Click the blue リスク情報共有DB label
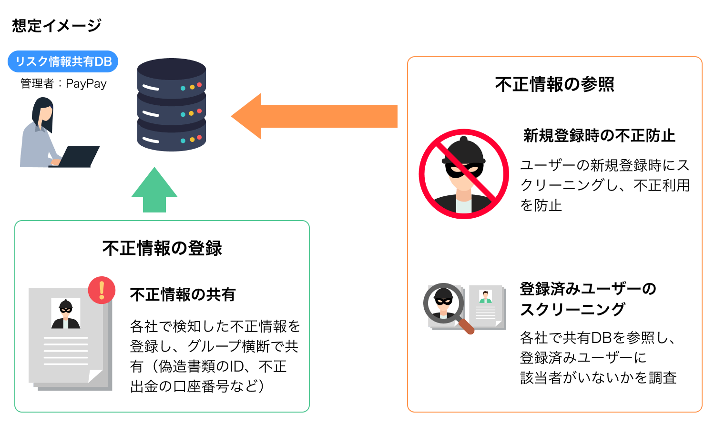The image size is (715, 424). click(x=62, y=61)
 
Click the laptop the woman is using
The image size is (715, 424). click(x=79, y=157)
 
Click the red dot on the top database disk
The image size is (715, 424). click(x=199, y=85)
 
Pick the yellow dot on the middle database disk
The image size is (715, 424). click(x=192, y=113)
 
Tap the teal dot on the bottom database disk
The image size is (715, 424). click(x=183, y=141)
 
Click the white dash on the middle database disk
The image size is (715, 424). click(x=150, y=114)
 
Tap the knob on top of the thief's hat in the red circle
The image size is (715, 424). click(x=464, y=140)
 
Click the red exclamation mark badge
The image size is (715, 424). click(x=102, y=290)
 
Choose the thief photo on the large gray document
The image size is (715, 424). click(x=66, y=313)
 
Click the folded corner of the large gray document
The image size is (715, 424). click(x=95, y=376)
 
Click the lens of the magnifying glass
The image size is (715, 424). click(x=444, y=303)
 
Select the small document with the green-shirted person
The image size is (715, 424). click(x=487, y=307)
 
